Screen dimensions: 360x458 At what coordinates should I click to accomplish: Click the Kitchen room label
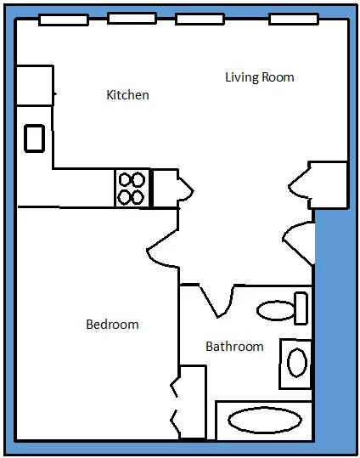tap(127, 95)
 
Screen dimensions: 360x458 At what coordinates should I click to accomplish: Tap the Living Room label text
tap(260, 77)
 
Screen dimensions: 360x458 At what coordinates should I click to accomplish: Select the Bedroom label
tap(112, 325)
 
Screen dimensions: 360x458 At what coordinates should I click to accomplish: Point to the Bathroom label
tap(234, 347)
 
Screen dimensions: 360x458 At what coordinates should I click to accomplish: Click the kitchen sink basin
tap(35, 139)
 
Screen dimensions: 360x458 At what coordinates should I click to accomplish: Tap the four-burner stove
tap(132, 188)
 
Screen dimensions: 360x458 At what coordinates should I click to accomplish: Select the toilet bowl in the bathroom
tap(276, 310)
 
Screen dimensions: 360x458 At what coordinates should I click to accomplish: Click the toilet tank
tap(301, 308)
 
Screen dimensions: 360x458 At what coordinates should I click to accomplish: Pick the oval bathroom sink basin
tap(297, 363)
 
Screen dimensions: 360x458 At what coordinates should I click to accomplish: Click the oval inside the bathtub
tap(265, 421)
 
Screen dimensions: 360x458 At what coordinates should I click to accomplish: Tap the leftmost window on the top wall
tap(64, 20)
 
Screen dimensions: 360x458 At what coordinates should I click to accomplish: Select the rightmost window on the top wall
tap(294, 19)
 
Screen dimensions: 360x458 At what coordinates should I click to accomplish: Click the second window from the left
tap(132, 18)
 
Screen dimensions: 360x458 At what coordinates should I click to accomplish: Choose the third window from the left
tap(200, 20)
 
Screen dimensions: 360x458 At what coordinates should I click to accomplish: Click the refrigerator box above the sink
tap(35, 85)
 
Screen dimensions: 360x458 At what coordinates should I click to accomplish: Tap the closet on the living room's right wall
tap(329, 185)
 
